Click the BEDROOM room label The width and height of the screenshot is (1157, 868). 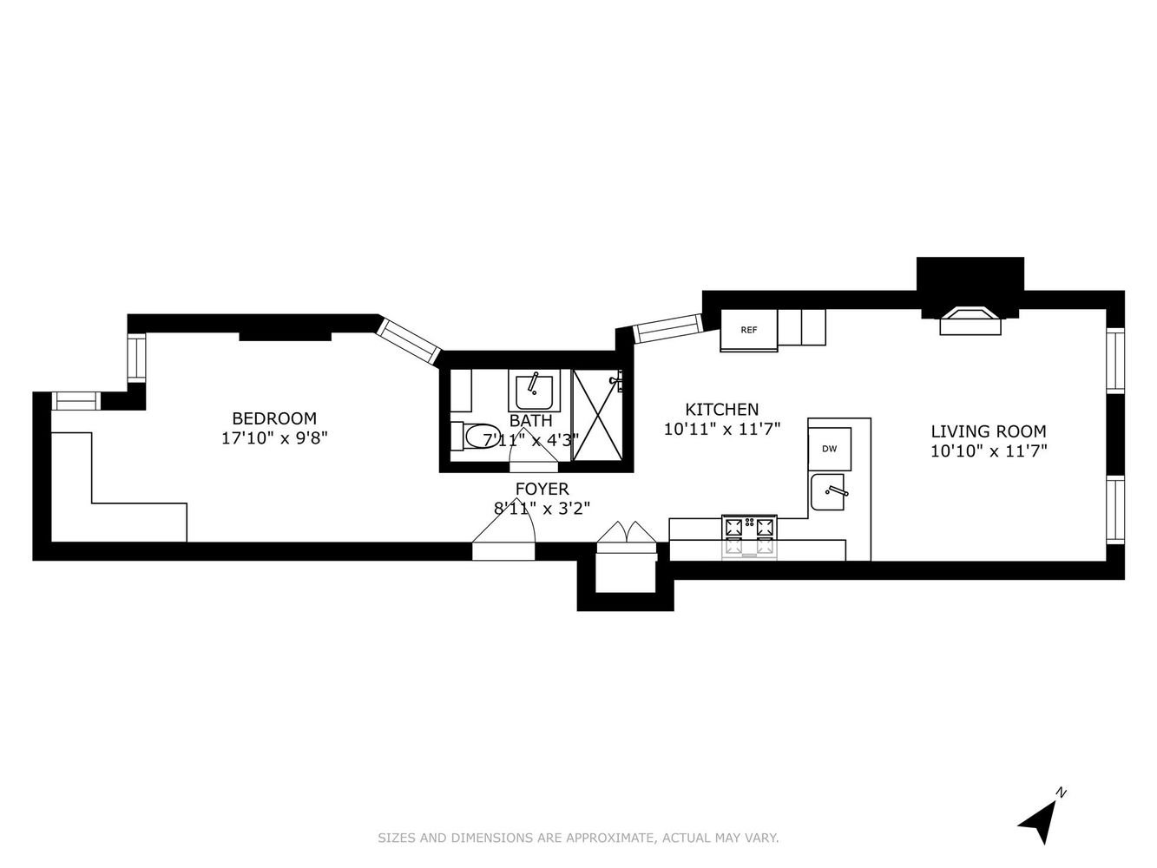point(274,418)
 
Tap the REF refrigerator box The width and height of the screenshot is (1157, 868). point(748,330)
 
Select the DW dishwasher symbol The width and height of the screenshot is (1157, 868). point(829,449)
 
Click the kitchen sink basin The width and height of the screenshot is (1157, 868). point(827,492)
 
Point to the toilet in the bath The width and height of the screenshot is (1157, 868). point(476,436)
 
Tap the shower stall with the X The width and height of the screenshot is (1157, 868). point(598,415)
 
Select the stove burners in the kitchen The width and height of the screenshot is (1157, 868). point(749,536)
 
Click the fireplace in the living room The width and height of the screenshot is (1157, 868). point(970,321)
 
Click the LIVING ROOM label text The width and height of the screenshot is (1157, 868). point(989,431)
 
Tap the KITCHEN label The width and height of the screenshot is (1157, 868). point(721,410)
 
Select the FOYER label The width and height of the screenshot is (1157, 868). point(542,489)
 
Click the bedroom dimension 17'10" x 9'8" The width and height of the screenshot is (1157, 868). point(274,438)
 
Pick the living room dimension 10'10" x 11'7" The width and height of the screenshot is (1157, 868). point(989,451)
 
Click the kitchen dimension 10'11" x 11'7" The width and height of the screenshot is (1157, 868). point(721,430)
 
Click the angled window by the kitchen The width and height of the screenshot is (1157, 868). point(667,328)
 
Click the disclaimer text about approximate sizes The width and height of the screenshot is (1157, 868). point(578,838)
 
